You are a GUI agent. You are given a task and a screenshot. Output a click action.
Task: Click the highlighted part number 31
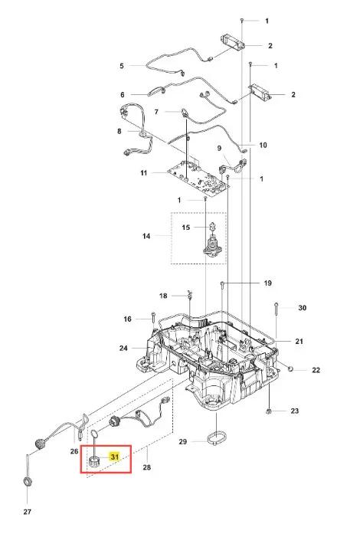114,457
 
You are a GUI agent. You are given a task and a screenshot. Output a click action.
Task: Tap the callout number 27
28,512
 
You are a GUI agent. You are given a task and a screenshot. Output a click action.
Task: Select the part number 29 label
183,442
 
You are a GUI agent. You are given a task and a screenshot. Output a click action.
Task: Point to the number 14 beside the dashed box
146,236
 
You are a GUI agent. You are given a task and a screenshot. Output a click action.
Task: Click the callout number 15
185,228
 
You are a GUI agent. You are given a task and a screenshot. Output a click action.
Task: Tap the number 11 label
144,173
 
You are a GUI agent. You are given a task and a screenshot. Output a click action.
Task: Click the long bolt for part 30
276,319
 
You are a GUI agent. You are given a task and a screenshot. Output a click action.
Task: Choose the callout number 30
302,308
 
